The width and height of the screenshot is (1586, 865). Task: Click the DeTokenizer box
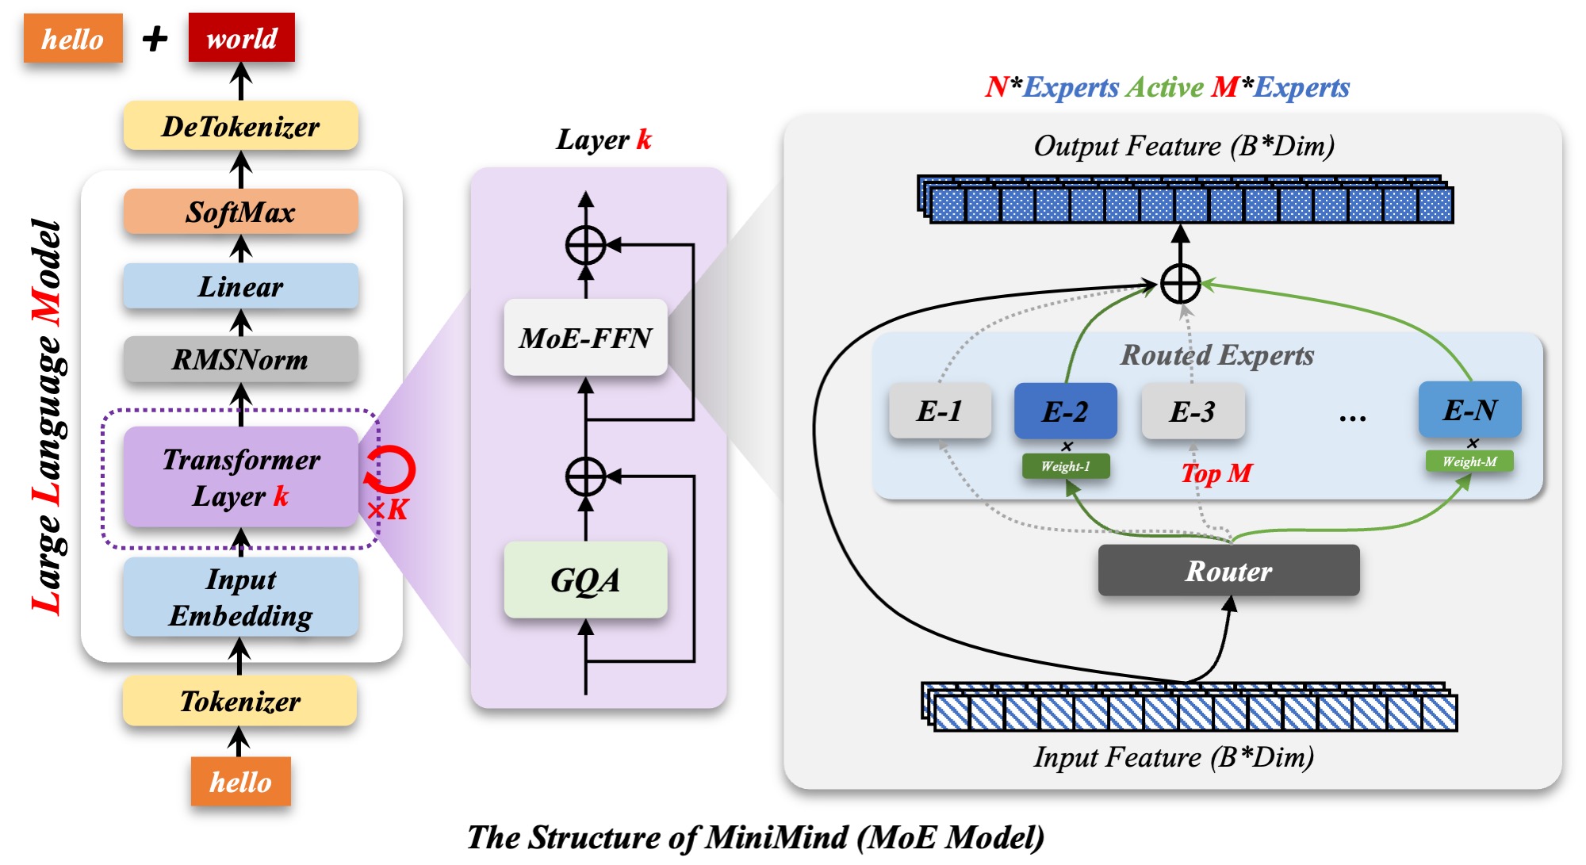pos(240,126)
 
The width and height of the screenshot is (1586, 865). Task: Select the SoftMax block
pos(240,212)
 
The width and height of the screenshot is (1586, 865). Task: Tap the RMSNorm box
pos(240,359)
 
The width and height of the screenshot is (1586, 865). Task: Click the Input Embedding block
pos(240,597)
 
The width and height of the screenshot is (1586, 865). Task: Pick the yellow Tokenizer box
pos(240,701)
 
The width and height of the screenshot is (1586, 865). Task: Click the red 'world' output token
pos(241,38)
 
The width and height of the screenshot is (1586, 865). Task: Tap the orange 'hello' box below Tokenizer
pos(240,782)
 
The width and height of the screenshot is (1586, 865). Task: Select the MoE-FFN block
pos(585,338)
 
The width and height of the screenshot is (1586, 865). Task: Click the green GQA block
pos(585,580)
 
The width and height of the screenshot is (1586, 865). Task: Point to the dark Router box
pos(1228,571)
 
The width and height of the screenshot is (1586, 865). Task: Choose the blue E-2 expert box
pos(1065,411)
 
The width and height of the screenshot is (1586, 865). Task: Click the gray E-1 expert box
pos(940,411)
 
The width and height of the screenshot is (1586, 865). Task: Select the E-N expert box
pos(1469,409)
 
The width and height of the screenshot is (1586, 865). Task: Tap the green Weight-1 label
pos(1065,466)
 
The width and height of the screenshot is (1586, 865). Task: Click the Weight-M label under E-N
pos(1469,461)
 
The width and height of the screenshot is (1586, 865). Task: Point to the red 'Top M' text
pos(1216,473)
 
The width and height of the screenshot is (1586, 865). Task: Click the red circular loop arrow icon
pos(391,469)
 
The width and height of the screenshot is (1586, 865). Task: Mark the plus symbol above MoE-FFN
pos(585,245)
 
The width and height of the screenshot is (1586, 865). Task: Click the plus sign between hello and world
pos(155,38)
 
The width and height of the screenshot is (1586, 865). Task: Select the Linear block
pos(240,286)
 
